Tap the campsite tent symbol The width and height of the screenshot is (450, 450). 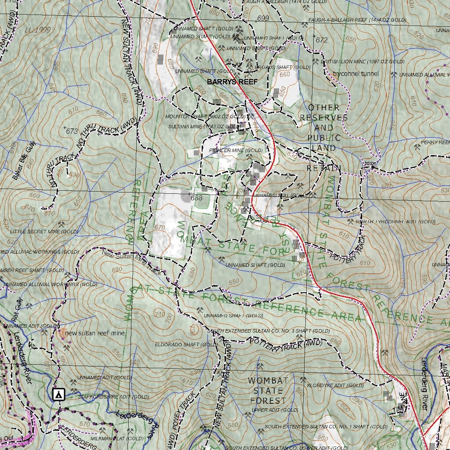coord(58,394)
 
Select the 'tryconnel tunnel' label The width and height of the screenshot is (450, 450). coord(356,74)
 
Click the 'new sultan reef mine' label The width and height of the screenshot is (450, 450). coord(94,334)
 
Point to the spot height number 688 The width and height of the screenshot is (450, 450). coord(197,198)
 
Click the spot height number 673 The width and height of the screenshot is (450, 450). coord(72,131)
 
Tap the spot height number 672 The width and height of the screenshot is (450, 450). coord(322,40)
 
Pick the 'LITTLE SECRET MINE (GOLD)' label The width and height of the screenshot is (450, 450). coord(44,232)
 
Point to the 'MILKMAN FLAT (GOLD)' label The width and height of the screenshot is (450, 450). coord(117,439)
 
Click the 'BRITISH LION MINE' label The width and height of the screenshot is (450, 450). coord(363,62)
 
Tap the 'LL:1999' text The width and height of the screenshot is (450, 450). coord(38,30)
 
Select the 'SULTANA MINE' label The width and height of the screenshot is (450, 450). coord(205,127)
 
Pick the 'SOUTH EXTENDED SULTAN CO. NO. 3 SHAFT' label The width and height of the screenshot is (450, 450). coord(269,331)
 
